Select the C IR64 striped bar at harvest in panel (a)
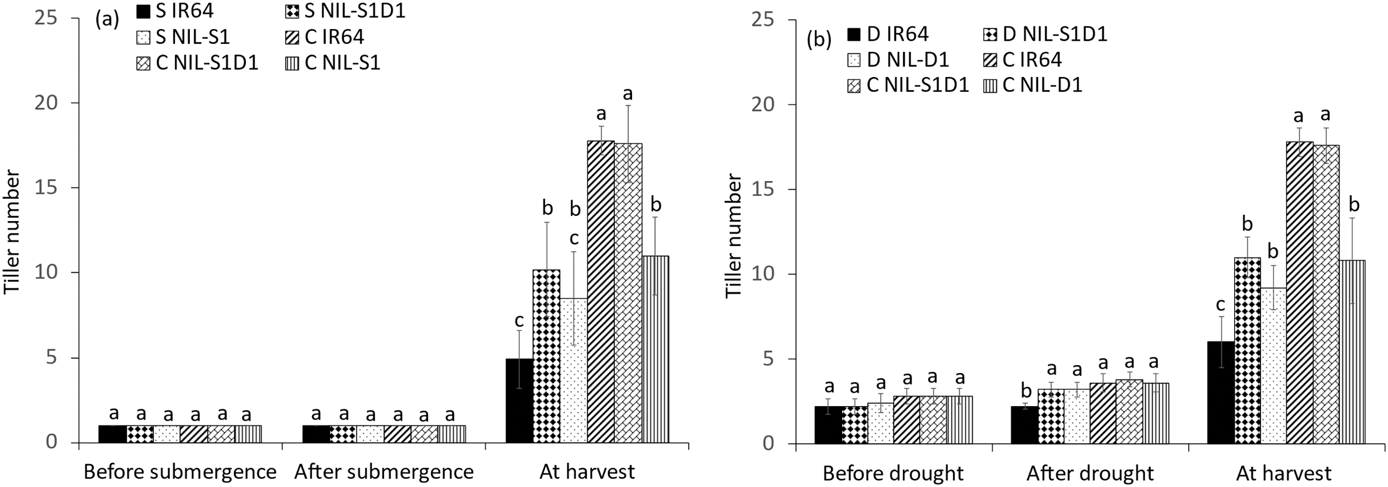600,291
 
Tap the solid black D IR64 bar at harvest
1220,392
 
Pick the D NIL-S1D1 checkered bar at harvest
1247,350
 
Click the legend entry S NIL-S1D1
345,11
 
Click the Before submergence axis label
180,472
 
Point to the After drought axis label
1090,474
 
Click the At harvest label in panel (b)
1283,474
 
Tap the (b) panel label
819,40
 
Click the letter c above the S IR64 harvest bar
518,321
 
